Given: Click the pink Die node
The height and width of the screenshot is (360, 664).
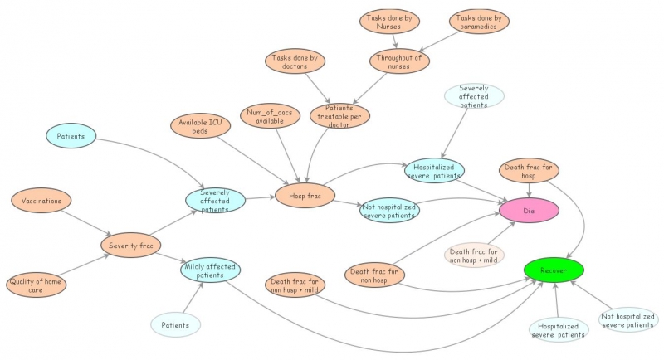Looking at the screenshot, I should [x=529, y=211].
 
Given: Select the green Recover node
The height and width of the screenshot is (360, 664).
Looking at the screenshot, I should [x=554, y=270].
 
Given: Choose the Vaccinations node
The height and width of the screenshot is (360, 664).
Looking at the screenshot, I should [x=41, y=200].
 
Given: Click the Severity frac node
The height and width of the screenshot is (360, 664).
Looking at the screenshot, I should [x=130, y=245].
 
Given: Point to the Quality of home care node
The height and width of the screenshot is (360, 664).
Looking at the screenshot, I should [x=37, y=285].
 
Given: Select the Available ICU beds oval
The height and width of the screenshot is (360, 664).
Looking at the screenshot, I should [x=200, y=125].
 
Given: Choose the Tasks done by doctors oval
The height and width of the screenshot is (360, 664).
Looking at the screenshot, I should [x=295, y=62].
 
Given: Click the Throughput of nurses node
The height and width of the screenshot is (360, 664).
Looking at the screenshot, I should [x=399, y=62].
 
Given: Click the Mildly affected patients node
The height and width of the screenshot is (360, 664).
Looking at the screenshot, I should [x=209, y=270].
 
